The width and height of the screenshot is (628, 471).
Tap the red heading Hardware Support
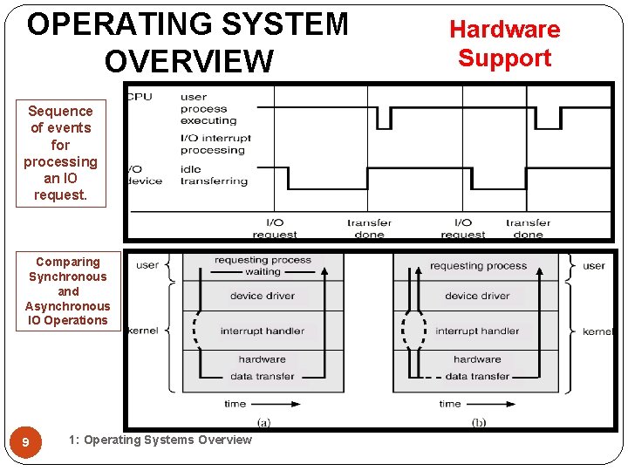tap(505, 44)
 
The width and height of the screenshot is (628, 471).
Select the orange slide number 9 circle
tap(25, 443)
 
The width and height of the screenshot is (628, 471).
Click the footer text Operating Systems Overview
tap(160, 440)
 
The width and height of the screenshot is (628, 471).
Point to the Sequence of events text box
tap(60, 153)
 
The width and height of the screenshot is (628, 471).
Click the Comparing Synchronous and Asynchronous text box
tap(68, 290)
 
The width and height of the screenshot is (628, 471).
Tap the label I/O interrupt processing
tap(215, 144)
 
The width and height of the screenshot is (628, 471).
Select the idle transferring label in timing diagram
tap(214, 174)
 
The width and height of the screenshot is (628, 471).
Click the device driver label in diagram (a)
tap(262, 296)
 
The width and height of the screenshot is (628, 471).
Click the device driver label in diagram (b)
tap(477, 296)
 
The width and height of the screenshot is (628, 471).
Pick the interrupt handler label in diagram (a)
tap(262, 331)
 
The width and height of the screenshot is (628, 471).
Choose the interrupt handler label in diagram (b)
tap(477, 331)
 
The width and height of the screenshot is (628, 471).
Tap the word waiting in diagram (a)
tap(263, 272)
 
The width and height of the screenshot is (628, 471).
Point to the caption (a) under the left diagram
tap(263, 422)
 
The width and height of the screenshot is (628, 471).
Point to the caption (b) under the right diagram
tap(479, 422)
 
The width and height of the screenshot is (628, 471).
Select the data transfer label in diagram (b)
tap(476, 376)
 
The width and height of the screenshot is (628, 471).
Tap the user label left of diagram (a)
tap(147, 265)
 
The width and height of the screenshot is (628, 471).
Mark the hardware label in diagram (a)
tap(262, 358)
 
